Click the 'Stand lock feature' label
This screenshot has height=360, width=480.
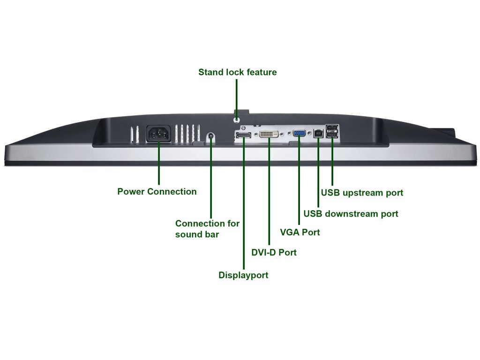238,72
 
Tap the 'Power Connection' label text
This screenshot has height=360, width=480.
157,192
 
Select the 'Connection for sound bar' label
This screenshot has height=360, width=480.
207,229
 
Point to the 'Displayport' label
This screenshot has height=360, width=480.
243,275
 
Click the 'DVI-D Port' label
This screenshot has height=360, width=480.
274,253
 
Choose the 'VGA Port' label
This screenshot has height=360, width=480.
300,232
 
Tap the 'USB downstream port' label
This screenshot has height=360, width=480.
351,214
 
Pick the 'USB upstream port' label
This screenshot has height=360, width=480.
362,193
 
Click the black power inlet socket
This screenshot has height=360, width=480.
158,134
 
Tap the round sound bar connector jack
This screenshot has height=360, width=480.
210,135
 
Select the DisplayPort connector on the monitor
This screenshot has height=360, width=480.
244,135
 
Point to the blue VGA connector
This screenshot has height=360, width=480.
299,133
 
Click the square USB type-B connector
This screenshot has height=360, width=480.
318,134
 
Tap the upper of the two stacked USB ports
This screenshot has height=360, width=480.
332,127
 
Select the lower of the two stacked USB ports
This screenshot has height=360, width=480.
332,135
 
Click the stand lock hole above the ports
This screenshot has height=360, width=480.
237,120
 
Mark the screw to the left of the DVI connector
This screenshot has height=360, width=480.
255,134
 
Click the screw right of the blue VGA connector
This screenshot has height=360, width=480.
309,134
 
